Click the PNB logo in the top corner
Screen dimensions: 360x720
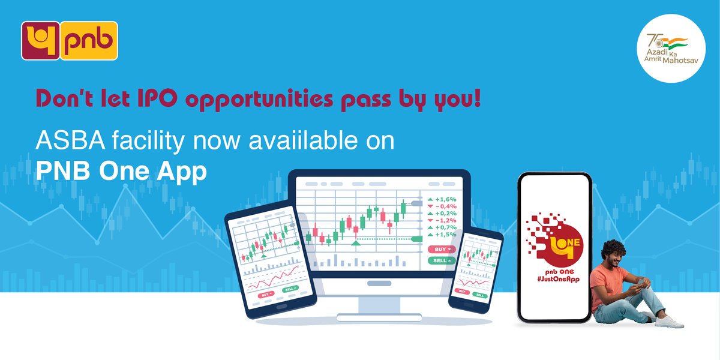click(x=70, y=41)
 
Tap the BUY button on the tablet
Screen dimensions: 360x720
click(x=265, y=295)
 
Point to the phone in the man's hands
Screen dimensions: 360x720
click(x=641, y=282)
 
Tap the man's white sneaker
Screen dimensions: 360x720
click(x=668, y=322)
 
